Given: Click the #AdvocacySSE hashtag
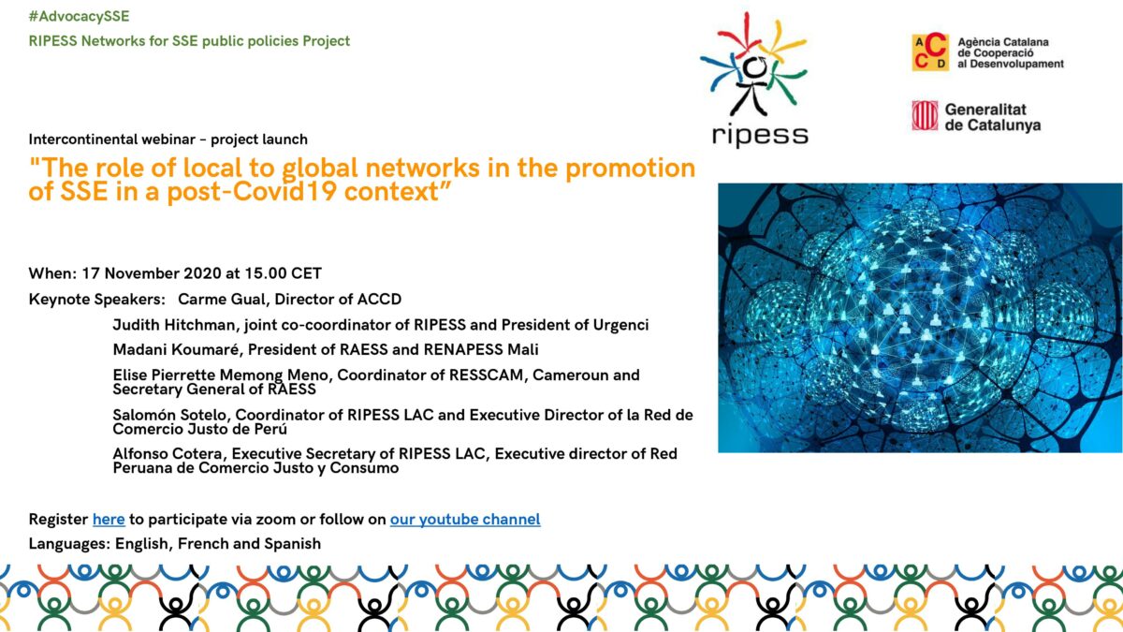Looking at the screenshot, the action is pyautogui.click(x=79, y=17).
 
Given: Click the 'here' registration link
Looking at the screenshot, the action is pyautogui.click(x=109, y=519).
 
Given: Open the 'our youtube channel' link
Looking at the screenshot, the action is pyautogui.click(x=465, y=520).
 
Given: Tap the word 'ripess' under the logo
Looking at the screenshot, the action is pyautogui.click(x=760, y=136).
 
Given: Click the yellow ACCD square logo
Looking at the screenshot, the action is pyautogui.click(x=930, y=51).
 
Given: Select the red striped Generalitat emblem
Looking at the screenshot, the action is pyautogui.click(x=925, y=115).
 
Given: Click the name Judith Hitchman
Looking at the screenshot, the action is pyautogui.click(x=173, y=325).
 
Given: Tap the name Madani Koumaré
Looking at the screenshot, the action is pyautogui.click(x=176, y=349).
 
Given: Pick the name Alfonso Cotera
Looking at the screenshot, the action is pyautogui.click(x=168, y=454).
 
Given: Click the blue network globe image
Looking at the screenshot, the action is pyautogui.click(x=920, y=318).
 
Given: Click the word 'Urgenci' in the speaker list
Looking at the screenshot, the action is pyautogui.click(x=621, y=326).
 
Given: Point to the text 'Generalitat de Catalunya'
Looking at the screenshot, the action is pyautogui.click(x=993, y=117).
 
